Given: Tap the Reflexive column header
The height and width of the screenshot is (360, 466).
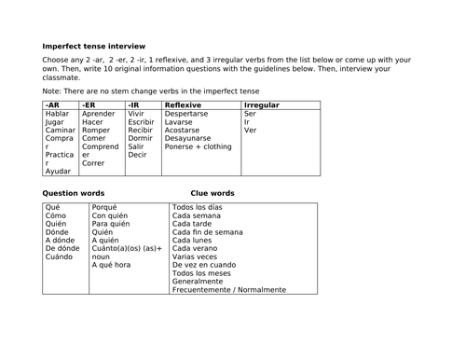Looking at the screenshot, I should point(185,106).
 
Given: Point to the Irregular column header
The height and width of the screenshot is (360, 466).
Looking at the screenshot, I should point(260,106).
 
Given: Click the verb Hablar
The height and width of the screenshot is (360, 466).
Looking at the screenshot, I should point(58,117).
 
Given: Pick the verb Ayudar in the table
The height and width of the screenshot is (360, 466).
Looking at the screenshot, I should point(59,172).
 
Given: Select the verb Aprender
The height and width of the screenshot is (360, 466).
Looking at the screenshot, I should point(99,117).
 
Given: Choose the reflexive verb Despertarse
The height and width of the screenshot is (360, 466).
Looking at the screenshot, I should point(192,117).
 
